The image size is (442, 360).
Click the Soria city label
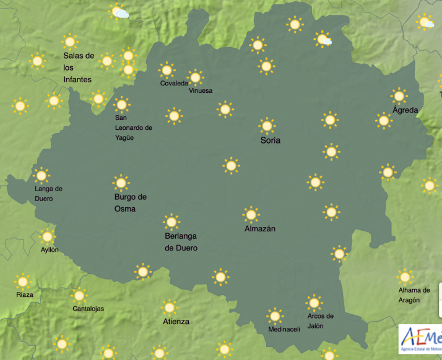click(x=270, y=140)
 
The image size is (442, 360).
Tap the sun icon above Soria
click(x=267, y=126)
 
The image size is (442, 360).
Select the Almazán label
click(x=260, y=229)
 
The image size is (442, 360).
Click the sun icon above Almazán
click(x=251, y=215)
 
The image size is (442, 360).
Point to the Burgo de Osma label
click(x=130, y=203)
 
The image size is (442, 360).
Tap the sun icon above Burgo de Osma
click(x=121, y=182)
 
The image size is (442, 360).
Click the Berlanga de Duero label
click(x=181, y=242)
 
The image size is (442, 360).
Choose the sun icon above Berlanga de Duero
click(x=171, y=222)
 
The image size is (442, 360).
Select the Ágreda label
click(x=405, y=110)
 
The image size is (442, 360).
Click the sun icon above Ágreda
click(x=399, y=96)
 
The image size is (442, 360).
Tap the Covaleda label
click(x=174, y=84)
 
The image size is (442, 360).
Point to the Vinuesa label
click(x=201, y=91)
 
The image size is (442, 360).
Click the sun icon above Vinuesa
click(x=195, y=77)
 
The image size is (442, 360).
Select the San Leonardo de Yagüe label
click(x=133, y=127)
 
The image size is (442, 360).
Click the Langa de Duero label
click(x=49, y=194)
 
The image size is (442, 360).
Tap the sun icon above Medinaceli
click(x=274, y=316)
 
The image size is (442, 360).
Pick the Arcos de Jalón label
click(x=320, y=321)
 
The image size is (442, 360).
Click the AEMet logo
click(x=420, y=341)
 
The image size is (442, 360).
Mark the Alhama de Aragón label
click(x=414, y=295)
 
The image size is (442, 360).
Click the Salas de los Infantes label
click(x=78, y=67)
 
